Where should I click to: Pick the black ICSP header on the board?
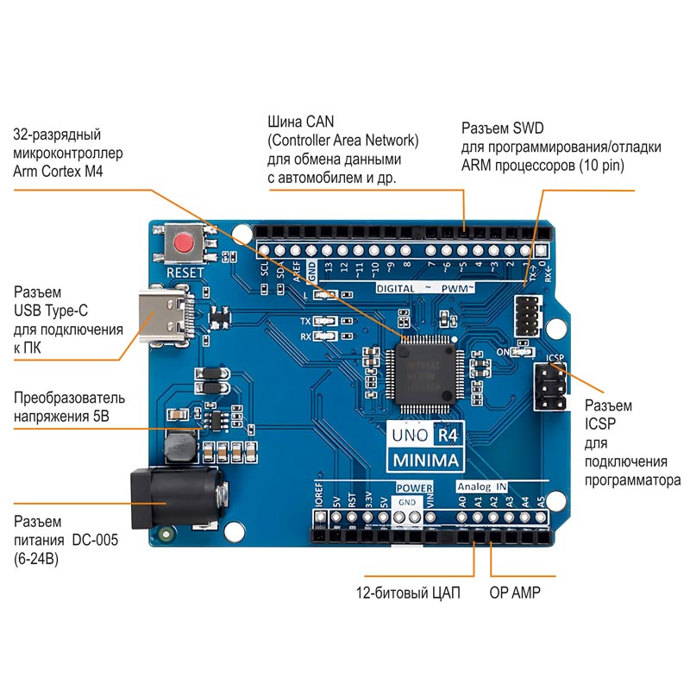pyautogui.click(x=550, y=387)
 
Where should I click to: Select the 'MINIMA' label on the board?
pyautogui.click(x=426, y=460)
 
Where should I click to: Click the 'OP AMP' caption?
pyautogui.click(x=515, y=593)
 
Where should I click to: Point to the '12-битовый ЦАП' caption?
pyautogui.click(x=408, y=593)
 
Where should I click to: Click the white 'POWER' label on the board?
pyautogui.click(x=415, y=487)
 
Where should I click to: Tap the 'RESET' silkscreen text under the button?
pyautogui.click(x=185, y=273)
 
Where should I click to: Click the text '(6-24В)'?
pyautogui.click(x=37, y=559)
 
